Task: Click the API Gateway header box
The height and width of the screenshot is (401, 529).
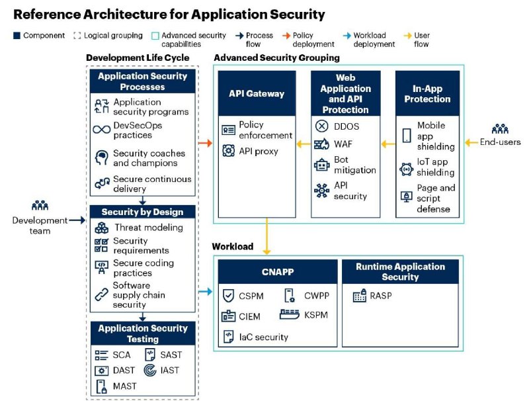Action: (257, 93)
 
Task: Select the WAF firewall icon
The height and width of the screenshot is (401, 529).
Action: (321, 144)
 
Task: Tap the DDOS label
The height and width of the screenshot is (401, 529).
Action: (346, 126)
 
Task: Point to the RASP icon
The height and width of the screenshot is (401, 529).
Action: (360, 296)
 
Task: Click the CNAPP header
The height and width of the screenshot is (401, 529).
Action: (278, 272)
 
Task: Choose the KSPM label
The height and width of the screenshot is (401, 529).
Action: (316, 315)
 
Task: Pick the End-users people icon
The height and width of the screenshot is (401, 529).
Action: (500, 129)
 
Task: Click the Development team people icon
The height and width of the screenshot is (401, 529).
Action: (40, 206)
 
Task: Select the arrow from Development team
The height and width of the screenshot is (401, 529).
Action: (77, 220)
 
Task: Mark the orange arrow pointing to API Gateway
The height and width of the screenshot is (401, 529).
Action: (205, 143)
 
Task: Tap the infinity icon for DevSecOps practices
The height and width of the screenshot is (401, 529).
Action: (102, 130)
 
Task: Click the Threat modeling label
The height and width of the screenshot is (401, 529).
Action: (149, 228)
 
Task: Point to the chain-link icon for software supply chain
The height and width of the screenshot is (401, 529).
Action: (102, 294)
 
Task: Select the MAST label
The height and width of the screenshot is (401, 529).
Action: (125, 386)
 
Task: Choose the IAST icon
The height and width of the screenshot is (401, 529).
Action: (150, 371)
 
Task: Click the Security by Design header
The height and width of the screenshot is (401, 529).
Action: (142, 212)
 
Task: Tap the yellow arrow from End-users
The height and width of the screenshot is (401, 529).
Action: (471, 143)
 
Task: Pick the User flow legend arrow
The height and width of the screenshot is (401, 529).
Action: (407, 36)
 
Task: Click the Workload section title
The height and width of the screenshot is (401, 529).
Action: (233, 246)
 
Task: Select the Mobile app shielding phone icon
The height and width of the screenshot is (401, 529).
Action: (407, 136)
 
